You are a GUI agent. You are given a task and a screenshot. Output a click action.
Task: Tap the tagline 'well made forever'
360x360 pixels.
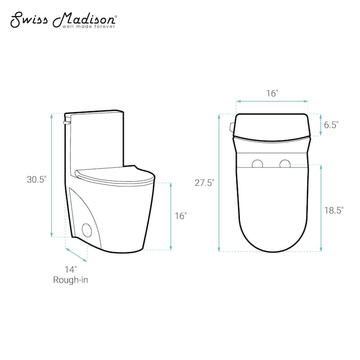(x=89, y=27)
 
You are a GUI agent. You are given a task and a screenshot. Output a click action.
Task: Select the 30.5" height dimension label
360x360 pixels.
(x=37, y=179)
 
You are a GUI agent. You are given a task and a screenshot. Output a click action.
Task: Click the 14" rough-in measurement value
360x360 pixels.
(x=71, y=269)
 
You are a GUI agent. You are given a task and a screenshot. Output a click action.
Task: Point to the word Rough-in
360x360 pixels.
(x=71, y=280)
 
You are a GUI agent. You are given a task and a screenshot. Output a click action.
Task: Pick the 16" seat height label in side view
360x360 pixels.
(x=181, y=216)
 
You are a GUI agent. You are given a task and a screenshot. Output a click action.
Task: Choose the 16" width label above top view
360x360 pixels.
(x=272, y=94)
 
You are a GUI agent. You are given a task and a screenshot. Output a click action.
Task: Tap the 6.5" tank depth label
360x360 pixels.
(x=331, y=125)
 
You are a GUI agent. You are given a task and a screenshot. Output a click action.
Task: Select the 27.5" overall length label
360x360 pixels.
(x=205, y=183)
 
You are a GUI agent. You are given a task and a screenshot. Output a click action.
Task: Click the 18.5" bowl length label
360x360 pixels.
(x=334, y=210)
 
